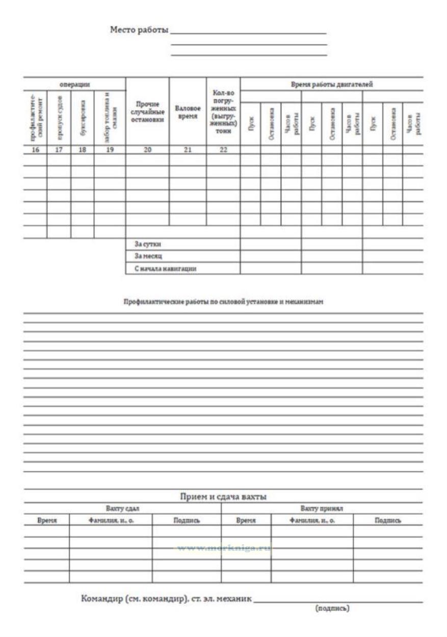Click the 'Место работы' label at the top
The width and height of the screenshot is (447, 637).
(139, 30)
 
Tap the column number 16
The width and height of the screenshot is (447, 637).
(36, 150)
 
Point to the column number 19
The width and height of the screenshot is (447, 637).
(110, 150)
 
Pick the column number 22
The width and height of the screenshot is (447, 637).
(223, 150)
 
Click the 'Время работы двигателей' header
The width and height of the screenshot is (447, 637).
(331, 84)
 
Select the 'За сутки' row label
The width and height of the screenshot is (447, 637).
(141, 244)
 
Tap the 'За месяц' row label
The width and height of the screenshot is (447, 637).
(141, 256)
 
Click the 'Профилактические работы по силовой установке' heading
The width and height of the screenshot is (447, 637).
(223, 302)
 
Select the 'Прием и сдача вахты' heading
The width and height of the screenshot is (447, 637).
(223, 497)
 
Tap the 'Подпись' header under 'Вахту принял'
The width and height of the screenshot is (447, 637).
(387, 521)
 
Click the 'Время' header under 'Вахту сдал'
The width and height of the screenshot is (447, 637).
(46, 521)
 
